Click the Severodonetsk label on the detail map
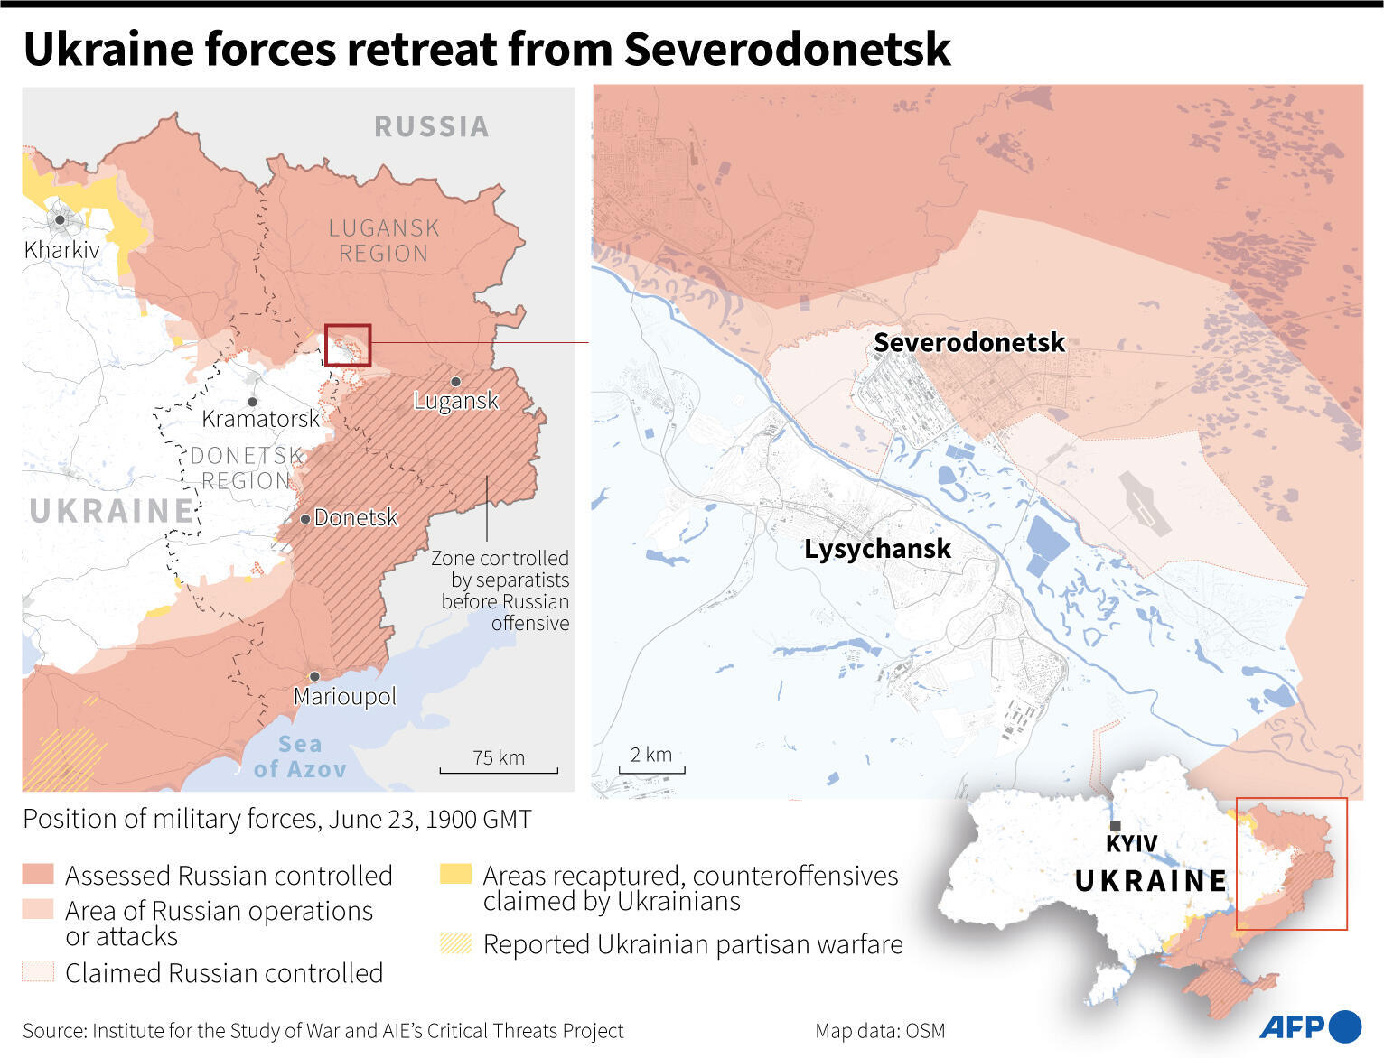pyautogui.click(x=968, y=343)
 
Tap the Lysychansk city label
pyautogui.click(x=877, y=549)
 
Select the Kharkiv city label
pyautogui.click(x=61, y=249)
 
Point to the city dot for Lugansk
pyautogui.click(x=456, y=382)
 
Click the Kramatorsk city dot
pyautogui.click(x=252, y=402)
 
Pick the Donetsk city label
pyautogui.click(x=355, y=517)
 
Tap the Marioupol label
pyautogui.click(x=344, y=696)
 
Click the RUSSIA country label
pyautogui.click(x=432, y=126)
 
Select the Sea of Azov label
pyautogui.click(x=299, y=756)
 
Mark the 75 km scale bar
pyautogui.click(x=499, y=770)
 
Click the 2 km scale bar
pyautogui.click(x=651, y=770)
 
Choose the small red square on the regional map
pyautogui.click(x=348, y=345)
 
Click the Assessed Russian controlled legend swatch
pyautogui.click(x=38, y=874)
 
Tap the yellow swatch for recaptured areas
pyautogui.click(x=455, y=874)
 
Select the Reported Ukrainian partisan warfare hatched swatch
pyautogui.click(x=455, y=943)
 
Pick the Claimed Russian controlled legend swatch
pyautogui.click(x=38, y=971)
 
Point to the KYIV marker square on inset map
pyautogui.click(x=1116, y=826)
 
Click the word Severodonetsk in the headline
pyautogui.click(x=787, y=49)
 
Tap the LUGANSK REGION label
pyautogui.click(x=384, y=241)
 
